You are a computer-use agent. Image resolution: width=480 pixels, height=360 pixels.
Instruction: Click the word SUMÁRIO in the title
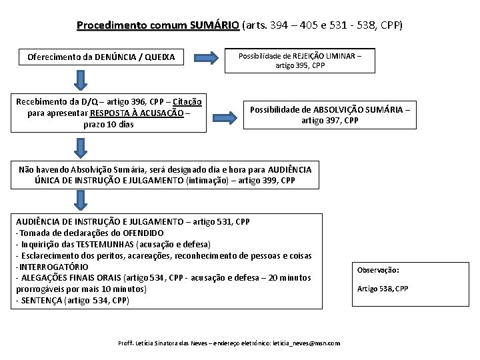214,26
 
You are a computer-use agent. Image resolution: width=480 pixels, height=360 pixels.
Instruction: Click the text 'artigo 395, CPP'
300,65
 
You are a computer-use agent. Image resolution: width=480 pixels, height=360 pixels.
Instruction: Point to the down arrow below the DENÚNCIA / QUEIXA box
81,80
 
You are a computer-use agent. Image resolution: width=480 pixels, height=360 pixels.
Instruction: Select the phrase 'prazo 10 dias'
108,124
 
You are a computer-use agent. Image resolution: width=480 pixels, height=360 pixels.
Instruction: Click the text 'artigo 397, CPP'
329,121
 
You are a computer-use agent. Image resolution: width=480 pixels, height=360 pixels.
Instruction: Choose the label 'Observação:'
378,270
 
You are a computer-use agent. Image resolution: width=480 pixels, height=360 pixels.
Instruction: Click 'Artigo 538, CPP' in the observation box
383,288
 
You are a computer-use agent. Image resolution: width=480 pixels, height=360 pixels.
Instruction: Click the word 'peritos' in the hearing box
102,255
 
